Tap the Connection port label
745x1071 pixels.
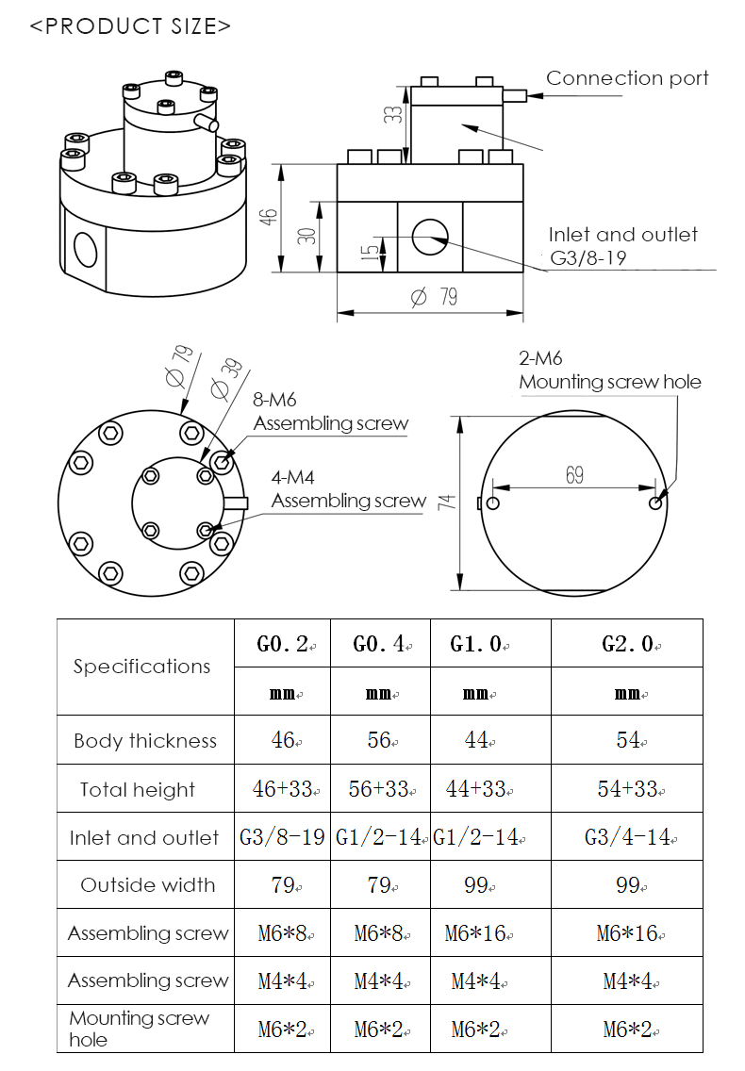coord(627,78)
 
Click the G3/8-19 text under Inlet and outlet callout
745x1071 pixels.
coord(589,257)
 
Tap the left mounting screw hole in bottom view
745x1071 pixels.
coord(493,503)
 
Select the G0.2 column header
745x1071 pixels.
coord(282,645)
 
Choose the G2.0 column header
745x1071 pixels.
coord(627,645)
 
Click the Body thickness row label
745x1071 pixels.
coord(145,741)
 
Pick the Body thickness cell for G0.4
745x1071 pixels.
coord(379,741)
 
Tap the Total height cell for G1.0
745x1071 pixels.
coord(477,789)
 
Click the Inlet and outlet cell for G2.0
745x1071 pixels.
coord(627,837)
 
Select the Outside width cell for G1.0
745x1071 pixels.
coord(477,885)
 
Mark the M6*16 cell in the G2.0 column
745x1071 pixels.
coord(627,933)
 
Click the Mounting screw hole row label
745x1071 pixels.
coord(139,1029)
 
